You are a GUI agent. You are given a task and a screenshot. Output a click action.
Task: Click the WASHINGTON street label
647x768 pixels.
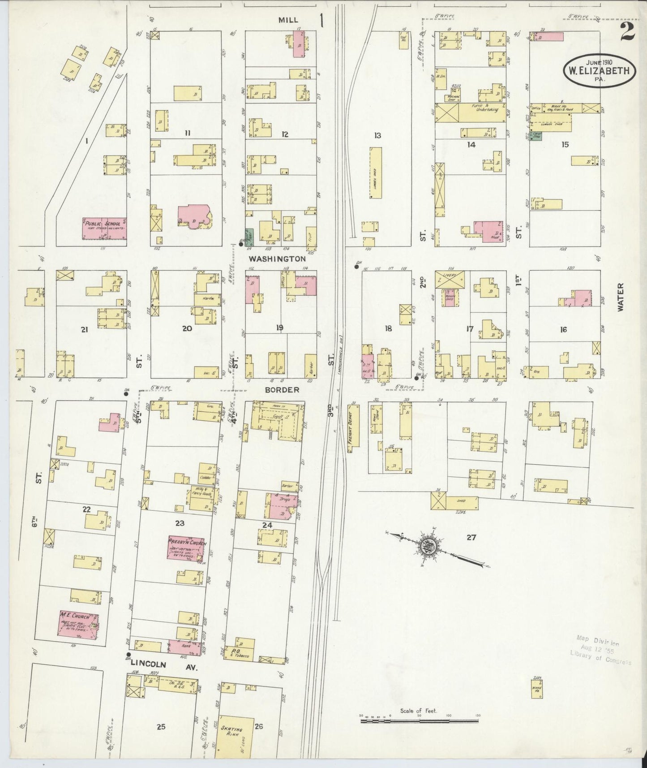coord(277,259)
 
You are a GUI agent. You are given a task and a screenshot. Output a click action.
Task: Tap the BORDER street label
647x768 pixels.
coord(282,390)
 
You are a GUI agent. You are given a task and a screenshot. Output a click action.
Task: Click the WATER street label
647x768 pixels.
coord(621,297)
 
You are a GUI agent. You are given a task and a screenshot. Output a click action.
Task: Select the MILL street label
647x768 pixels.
coord(288,20)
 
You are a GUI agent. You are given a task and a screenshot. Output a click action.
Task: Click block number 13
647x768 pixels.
coord(377,135)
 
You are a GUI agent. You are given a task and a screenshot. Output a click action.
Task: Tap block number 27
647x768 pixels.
coord(471,537)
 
